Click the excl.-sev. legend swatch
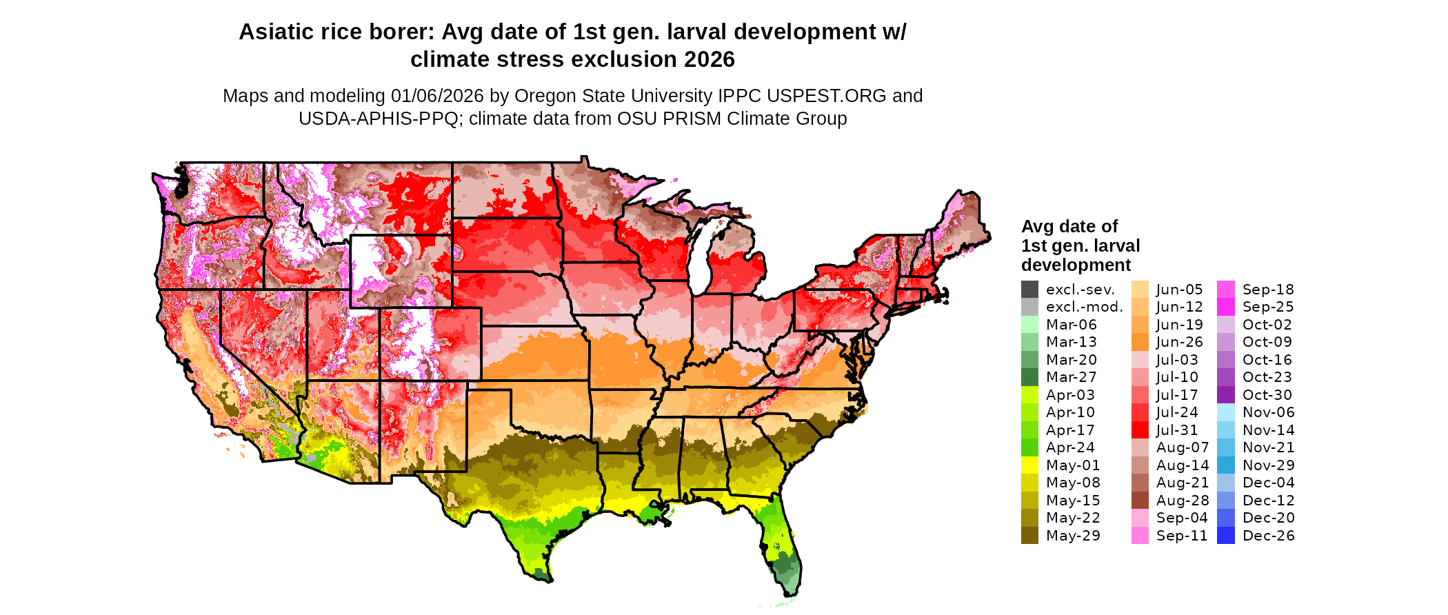coord(1029,290)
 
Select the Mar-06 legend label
coord(1071,325)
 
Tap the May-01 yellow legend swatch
coord(1029,465)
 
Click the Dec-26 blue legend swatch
coord(1226,536)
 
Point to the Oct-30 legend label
coord(1267,395)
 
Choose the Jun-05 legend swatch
coord(1140,290)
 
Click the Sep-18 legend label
coord(1268,290)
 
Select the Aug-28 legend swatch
coord(1140,501)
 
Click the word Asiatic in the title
coord(278,32)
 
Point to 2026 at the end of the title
coord(710,59)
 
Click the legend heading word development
coord(1076,265)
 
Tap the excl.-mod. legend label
coord(1084,307)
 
